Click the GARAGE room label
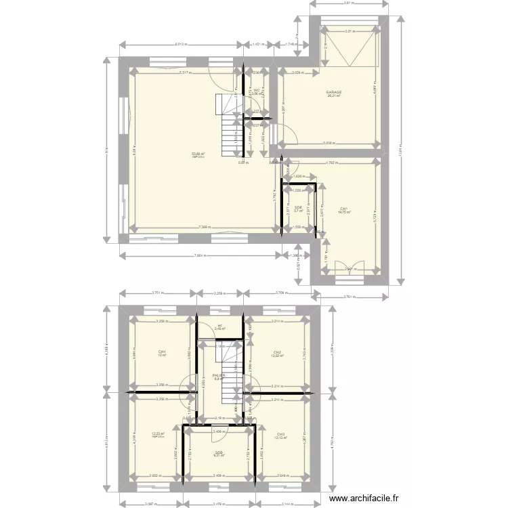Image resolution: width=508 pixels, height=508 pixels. click(333, 92)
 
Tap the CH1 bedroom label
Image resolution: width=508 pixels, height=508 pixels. click(343, 209)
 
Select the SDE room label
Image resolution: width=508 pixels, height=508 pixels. click(298, 207)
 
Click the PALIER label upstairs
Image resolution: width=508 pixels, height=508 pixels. click(218, 375)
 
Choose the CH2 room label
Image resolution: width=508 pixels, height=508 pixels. click(277, 352)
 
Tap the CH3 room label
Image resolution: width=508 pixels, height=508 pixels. click(280, 434)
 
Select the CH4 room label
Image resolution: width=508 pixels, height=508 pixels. click(162, 352)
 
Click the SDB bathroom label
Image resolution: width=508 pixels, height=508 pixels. click(219, 453)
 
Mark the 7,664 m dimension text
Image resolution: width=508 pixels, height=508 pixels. click(200, 255)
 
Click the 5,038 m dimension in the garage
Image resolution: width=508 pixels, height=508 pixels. click(329, 143)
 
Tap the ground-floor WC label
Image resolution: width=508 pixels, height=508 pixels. click(257, 90)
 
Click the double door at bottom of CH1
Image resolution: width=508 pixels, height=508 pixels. click(350, 266)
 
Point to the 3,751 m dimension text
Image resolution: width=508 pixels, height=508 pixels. click(156, 293)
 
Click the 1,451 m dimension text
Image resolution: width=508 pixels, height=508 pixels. click(258, 45)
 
